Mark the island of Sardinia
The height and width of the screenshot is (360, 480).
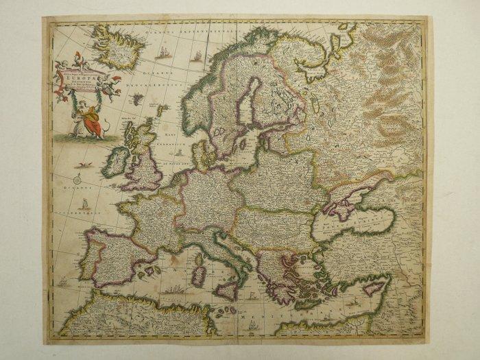pos(198,276)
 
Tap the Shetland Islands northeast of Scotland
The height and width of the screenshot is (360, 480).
pos(162,110)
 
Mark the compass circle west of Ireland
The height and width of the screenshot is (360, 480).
pos(78,180)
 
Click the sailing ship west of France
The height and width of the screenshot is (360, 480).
pos(84,204)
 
